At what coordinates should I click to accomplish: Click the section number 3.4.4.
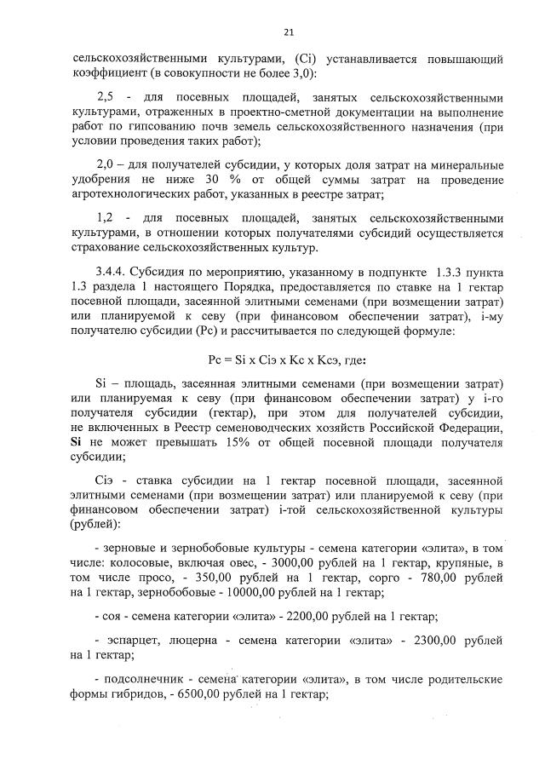(113, 274)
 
